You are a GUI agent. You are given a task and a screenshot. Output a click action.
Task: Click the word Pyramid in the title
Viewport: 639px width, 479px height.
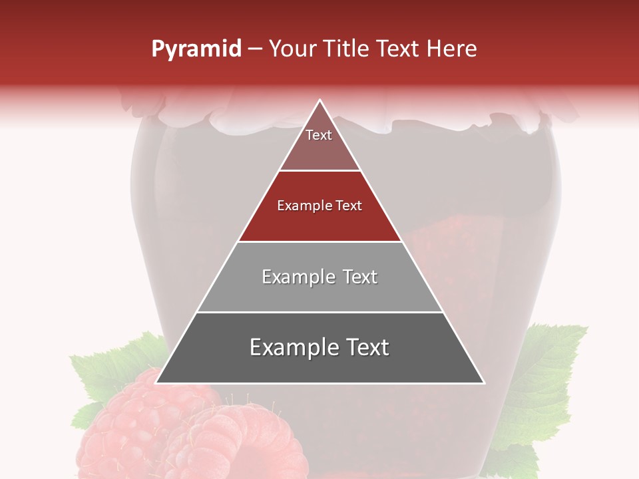(196, 49)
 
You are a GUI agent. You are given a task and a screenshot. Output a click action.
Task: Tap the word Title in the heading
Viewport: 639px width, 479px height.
(346, 49)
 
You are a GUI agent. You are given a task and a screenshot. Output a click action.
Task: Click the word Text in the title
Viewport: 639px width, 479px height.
(397, 49)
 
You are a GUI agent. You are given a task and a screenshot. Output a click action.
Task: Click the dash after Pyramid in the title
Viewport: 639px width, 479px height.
(254, 49)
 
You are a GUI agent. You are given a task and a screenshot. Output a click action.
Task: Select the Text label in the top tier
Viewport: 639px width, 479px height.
(319, 135)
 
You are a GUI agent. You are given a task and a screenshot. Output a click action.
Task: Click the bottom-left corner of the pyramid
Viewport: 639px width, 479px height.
(156, 383)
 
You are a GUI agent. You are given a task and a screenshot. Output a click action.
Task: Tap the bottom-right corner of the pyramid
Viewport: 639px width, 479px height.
(483, 383)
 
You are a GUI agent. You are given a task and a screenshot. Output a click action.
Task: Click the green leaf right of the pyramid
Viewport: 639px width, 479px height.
(546, 373)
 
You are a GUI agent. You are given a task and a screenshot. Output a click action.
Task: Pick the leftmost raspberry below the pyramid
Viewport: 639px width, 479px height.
(133, 432)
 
